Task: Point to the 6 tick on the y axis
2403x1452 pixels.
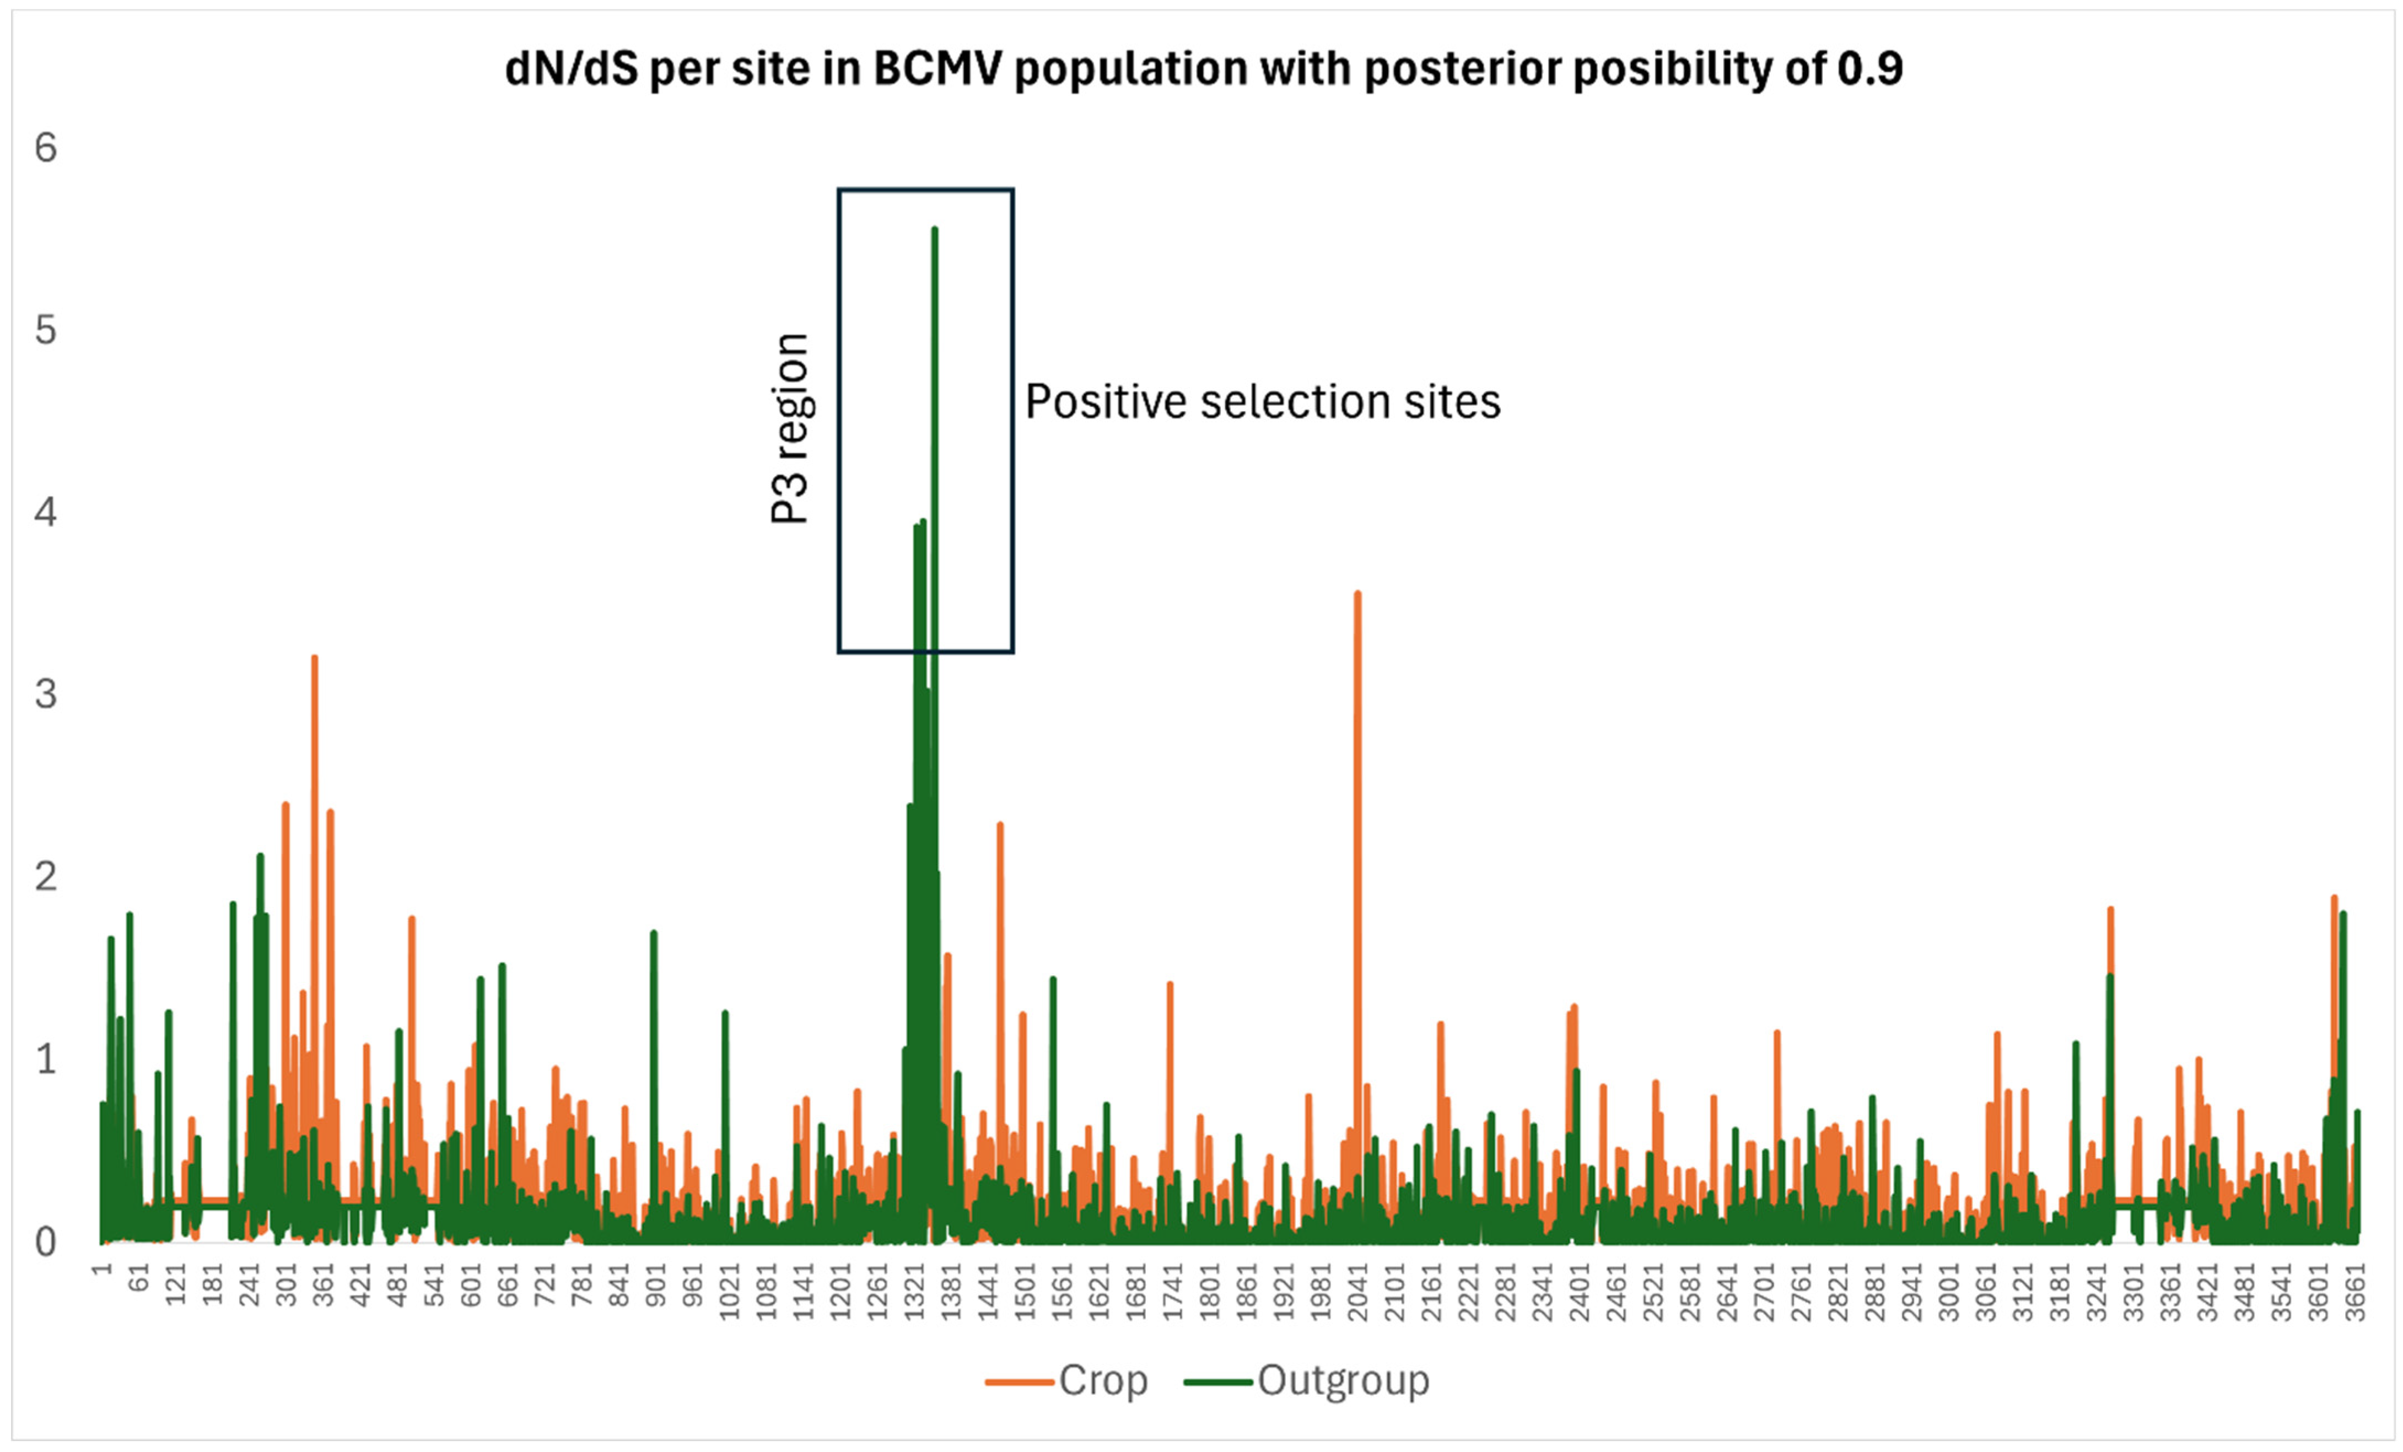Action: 46,148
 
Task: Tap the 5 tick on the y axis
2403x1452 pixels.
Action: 46,331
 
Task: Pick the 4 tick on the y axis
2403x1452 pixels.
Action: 46,513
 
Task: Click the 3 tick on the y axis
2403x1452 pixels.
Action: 46,695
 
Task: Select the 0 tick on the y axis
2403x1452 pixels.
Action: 46,1243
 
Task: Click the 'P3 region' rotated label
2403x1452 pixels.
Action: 790,429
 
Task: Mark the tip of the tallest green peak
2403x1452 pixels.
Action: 934,229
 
